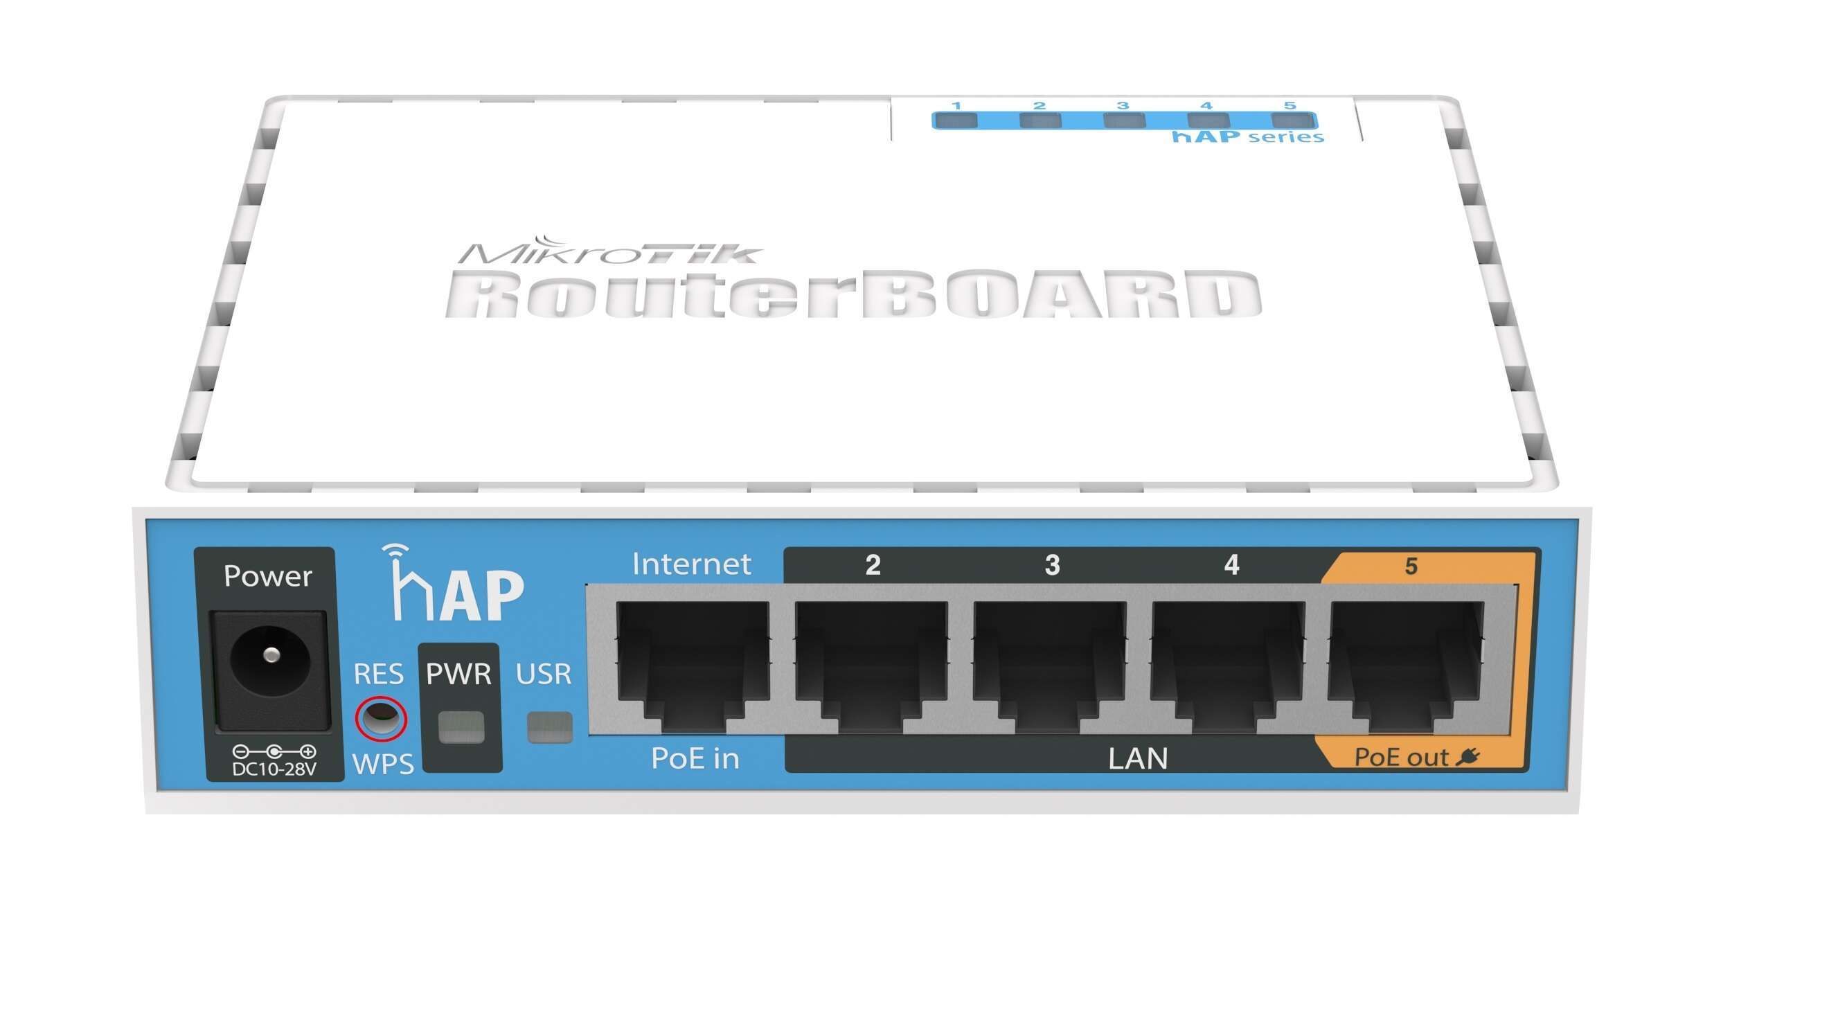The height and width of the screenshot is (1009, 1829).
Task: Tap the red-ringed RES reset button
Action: coord(381,719)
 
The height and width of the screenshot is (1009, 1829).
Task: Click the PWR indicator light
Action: coord(461,728)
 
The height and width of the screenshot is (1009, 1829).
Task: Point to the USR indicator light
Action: coord(550,728)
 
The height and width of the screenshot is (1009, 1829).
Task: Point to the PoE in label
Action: coord(695,758)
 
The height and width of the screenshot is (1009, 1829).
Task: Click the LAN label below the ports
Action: coord(1137,758)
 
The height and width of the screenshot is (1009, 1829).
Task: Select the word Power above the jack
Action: coord(268,576)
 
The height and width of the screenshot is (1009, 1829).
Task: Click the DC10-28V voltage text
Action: coord(274,769)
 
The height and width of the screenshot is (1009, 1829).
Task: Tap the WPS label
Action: coord(384,764)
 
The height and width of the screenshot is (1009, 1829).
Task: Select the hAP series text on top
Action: coord(1247,136)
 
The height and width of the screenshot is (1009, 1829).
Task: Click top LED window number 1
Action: coord(956,120)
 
